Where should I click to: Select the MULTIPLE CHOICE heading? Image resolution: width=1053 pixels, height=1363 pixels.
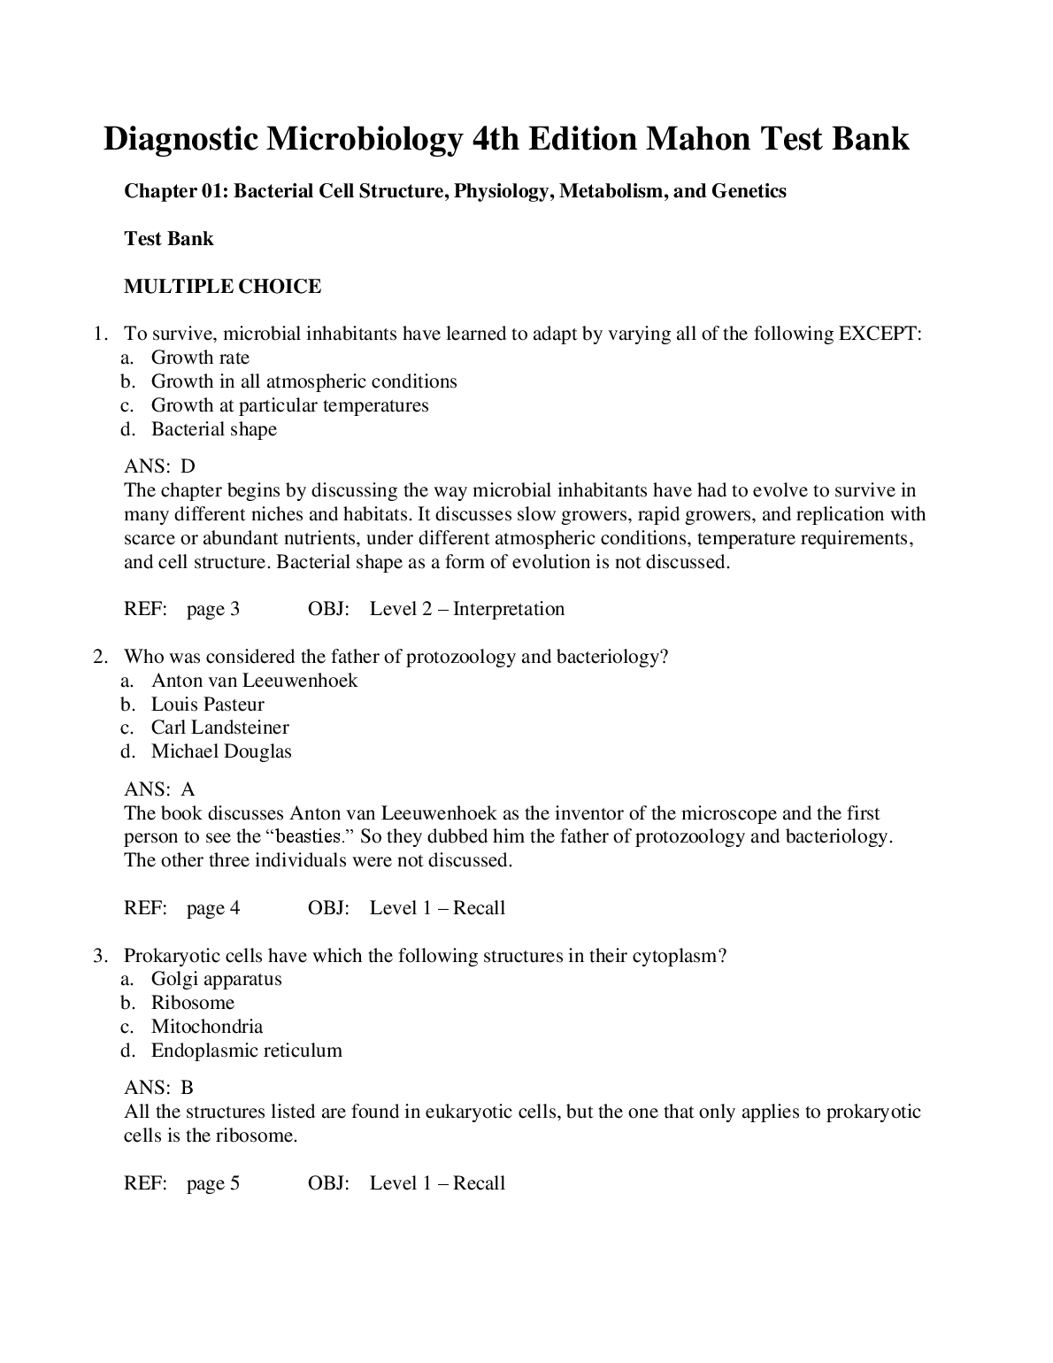click(222, 287)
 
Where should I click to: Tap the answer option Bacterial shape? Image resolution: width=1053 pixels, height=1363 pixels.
click(213, 429)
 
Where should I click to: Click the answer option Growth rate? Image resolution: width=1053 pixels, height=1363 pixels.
click(200, 358)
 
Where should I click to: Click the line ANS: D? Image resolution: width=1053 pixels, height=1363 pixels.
click(159, 466)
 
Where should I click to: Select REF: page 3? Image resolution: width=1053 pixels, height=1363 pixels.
click(181, 609)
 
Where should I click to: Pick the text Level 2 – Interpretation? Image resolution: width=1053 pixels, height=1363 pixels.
click(466, 609)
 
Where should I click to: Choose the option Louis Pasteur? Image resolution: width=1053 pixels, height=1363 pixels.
click(207, 705)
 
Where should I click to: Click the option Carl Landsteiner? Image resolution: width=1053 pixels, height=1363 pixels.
click(219, 728)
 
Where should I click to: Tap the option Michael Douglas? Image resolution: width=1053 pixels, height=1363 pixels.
click(221, 751)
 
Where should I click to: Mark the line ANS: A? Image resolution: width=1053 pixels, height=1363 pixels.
click(159, 789)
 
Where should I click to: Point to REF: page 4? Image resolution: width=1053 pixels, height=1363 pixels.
click(181, 908)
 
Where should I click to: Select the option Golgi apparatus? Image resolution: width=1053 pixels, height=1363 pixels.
click(216, 979)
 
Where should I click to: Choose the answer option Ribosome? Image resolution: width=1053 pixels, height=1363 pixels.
click(192, 1003)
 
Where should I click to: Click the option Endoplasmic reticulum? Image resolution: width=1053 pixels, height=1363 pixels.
click(246, 1051)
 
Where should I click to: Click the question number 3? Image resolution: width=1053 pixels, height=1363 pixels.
click(99, 956)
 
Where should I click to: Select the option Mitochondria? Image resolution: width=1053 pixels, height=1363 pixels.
click(206, 1027)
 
